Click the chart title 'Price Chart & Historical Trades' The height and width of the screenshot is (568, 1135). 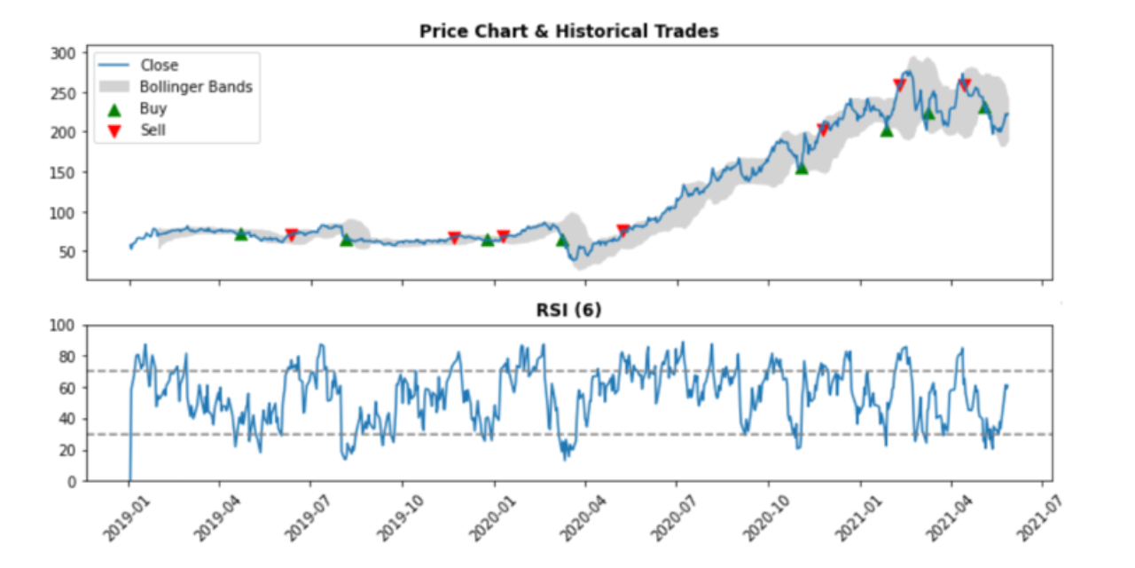coord(568,31)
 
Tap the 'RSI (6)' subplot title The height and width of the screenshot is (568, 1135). coord(569,310)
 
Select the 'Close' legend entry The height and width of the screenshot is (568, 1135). coord(159,65)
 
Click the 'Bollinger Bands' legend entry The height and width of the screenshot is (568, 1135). coord(196,87)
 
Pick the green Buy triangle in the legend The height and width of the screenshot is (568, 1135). coord(113,109)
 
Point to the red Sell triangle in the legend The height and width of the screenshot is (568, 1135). coord(113,130)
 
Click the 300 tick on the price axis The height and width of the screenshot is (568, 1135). coord(64,53)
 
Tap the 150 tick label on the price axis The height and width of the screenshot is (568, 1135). coord(64,172)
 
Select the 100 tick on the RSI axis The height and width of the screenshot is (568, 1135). coord(64,326)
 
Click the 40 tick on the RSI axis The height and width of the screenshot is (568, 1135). coord(67,419)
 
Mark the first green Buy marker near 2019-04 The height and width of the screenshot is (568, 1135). coord(240,234)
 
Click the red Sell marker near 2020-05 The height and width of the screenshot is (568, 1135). coord(622,231)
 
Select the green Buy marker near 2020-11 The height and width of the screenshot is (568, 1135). coord(802,168)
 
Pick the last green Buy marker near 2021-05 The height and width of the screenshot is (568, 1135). coord(983,107)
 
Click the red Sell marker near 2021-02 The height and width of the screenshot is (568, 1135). coord(899,85)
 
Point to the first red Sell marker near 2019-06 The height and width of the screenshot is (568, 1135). coord(291,235)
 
